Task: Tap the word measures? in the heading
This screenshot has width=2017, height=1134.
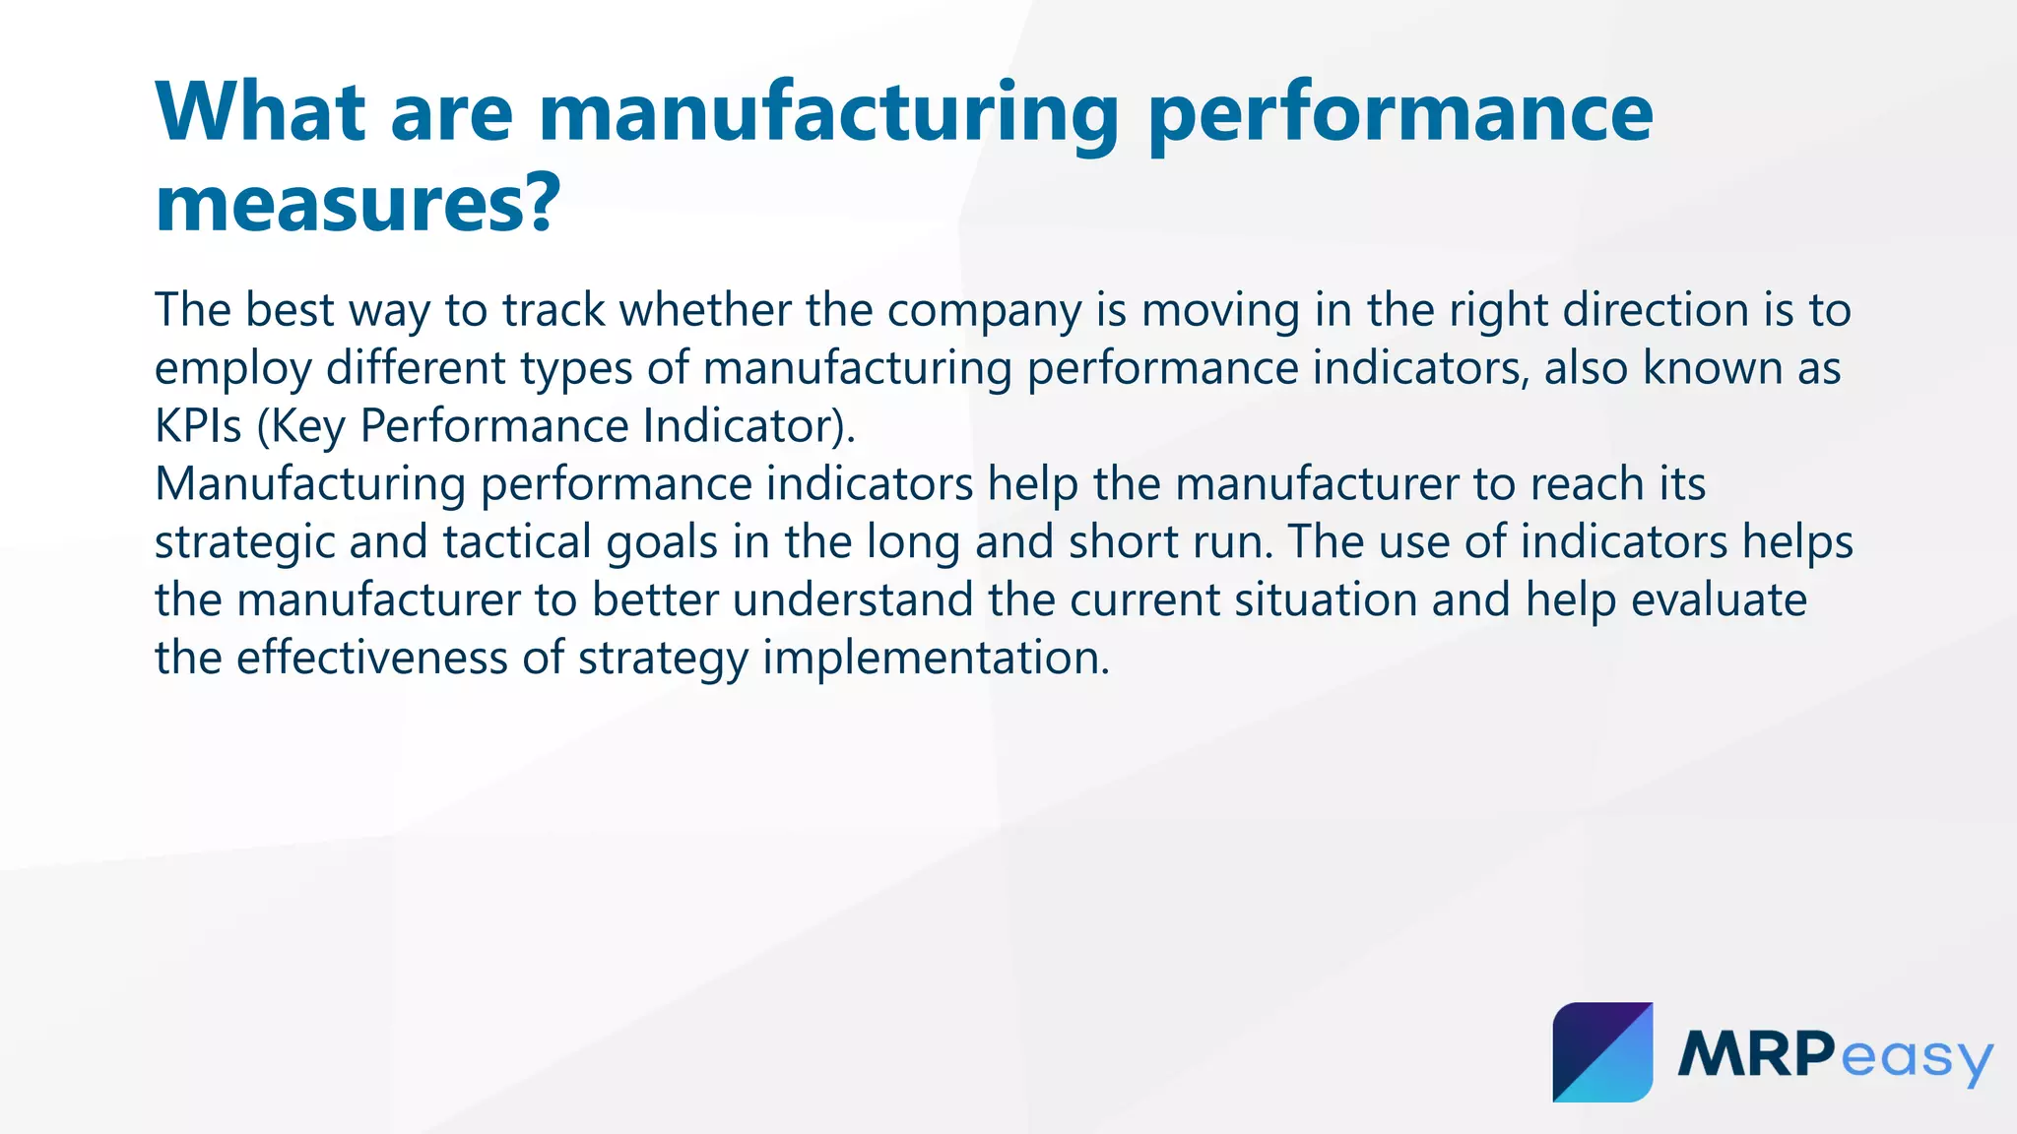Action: [x=358, y=203]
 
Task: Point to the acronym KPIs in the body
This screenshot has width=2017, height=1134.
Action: [x=198, y=426]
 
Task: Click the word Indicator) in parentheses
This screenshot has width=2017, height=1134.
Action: [x=749, y=426]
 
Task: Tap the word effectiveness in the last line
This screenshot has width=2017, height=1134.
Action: [x=371, y=658]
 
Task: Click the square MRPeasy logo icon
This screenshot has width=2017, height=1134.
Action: [x=1602, y=1052]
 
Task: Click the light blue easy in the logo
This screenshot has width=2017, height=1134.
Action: [x=1916, y=1059]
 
